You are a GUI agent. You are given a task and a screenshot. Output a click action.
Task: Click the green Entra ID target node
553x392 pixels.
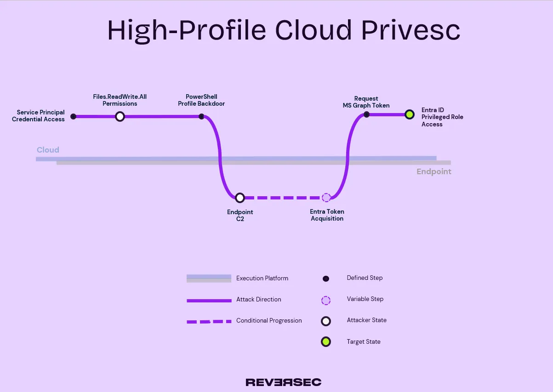pyautogui.click(x=409, y=114)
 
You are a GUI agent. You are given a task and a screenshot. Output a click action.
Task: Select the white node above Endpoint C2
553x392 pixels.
pyautogui.click(x=239, y=198)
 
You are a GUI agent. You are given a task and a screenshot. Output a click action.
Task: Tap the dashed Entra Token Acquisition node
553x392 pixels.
pyautogui.click(x=326, y=198)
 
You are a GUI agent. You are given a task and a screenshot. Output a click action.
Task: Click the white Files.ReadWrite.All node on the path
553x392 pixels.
pyautogui.click(x=120, y=117)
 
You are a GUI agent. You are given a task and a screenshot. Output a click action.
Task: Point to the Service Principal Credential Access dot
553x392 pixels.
pyautogui.click(x=74, y=117)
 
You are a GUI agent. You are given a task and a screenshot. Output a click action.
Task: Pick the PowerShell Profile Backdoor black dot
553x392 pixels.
pyautogui.click(x=201, y=117)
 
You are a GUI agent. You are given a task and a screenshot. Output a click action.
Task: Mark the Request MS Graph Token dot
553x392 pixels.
pyautogui.click(x=366, y=114)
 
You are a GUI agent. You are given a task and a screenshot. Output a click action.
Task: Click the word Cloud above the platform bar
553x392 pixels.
pyautogui.click(x=48, y=150)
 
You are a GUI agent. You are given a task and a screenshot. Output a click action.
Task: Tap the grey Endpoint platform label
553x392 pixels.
pyautogui.click(x=434, y=171)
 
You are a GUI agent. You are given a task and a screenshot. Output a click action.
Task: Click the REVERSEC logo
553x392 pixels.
pyautogui.click(x=284, y=382)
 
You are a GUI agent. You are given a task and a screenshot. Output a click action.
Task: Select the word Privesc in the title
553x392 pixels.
pyautogui.click(x=410, y=30)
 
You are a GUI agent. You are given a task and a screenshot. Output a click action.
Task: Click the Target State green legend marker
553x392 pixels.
pyautogui.click(x=326, y=342)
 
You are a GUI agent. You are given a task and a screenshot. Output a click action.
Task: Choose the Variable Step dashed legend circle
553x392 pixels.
pyautogui.click(x=326, y=301)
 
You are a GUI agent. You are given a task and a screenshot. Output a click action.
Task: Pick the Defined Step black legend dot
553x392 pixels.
pyautogui.click(x=326, y=278)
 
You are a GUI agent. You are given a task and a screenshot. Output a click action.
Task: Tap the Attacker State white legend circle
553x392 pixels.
pyautogui.click(x=326, y=321)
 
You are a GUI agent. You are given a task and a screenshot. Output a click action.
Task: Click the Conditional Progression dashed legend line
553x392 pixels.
pyautogui.click(x=209, y=322)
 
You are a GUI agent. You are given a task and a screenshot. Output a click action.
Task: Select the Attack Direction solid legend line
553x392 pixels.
pyautogui.click(x=209, y=301)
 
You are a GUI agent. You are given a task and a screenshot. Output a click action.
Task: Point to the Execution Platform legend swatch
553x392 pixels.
pyautogui.click(x=209, y=278)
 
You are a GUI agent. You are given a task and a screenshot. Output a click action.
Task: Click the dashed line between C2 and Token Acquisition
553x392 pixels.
pyautogui.click(x=283, y=198)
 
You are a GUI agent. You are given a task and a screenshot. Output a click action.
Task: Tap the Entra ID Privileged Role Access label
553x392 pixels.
pyautogui.click(x=442, y=117)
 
